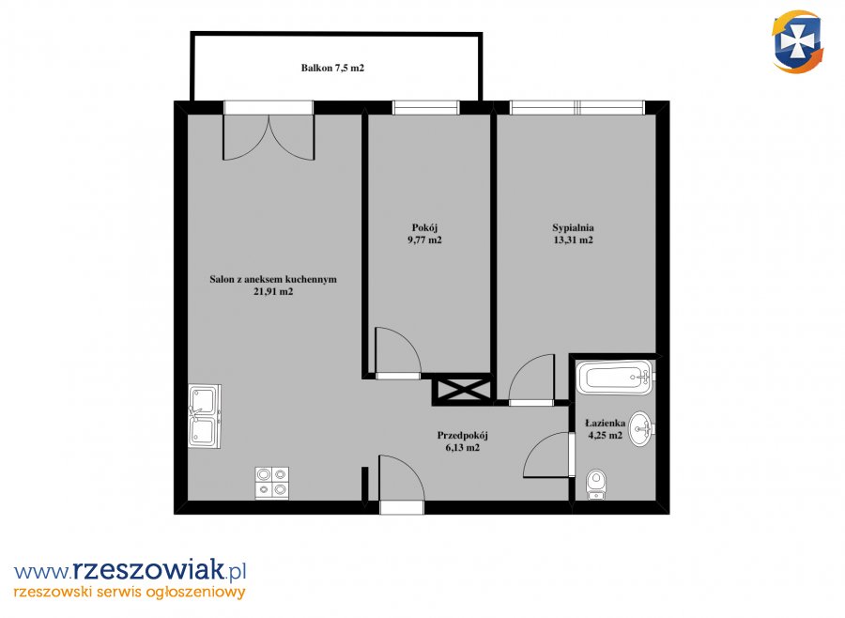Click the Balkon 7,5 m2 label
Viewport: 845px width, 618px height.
pos(332,68)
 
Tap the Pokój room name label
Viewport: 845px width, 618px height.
pos(424,228)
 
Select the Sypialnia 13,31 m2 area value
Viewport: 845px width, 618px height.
pos(573,240)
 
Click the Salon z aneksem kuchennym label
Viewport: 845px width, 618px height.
pos(273,279)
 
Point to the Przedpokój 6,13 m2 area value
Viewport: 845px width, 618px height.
pos(462,448)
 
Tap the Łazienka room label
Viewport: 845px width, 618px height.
pos(606,424)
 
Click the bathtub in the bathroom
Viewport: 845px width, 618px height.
pos(615,378)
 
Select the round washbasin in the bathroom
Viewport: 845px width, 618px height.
pos(642,429)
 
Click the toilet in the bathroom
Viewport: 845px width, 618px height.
pos(596,485)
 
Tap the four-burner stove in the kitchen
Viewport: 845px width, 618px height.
pos(271,483)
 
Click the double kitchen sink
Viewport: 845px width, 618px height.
pos(205,416)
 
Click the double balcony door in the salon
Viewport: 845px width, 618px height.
pos(269,137)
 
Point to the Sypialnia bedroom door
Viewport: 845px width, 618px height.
pos(531,378)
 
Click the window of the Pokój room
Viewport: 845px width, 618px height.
pos(425,108)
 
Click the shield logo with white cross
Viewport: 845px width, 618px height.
pos(797,42)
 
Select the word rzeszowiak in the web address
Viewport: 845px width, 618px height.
pos(147,569)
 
